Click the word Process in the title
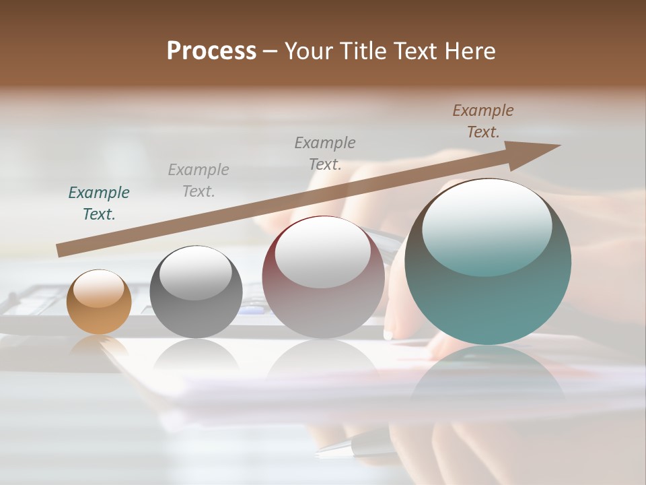pos(211,51)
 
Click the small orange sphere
pos(99,302)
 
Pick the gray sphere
pos(196,292)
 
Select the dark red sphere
pos(323,278)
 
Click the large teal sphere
pos(488,262)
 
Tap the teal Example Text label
pos(99,203)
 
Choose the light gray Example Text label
pos(198,181)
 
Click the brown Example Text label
pos(482,121)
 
